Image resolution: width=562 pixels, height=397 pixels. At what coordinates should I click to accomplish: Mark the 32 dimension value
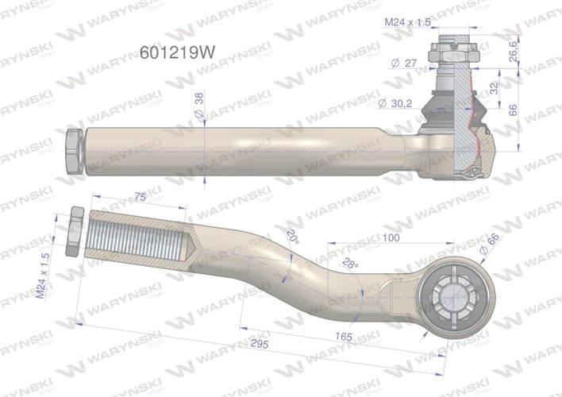pyautogui.click(x=495, y=87)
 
